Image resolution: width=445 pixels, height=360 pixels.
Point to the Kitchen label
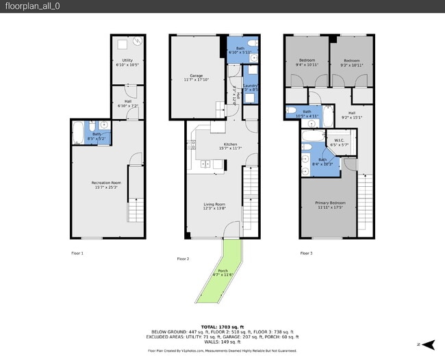coord(227,146)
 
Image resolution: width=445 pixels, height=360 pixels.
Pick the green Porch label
coord(223,272)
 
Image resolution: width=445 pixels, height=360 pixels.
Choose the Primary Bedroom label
coord(330,205)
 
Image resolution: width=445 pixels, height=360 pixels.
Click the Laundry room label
coord(250,87)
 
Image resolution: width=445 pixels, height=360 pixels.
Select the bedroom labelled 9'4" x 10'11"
coord(305,62)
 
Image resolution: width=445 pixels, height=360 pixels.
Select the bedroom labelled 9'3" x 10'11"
coord(351,62)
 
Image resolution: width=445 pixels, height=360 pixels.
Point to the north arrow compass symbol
coord(429,344)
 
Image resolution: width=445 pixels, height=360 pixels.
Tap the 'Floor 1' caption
coord(77,254)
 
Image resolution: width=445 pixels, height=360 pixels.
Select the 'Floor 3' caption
coord(306,254)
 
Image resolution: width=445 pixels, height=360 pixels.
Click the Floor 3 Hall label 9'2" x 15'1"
coord(352,115)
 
